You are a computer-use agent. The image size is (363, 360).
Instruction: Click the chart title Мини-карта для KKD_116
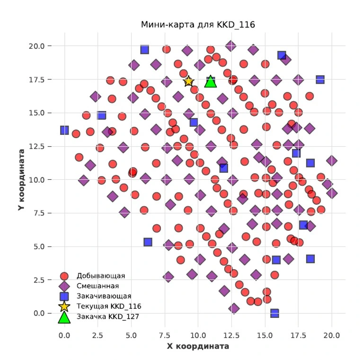coord(198,25)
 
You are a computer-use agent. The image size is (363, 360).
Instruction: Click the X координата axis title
coord(198,346)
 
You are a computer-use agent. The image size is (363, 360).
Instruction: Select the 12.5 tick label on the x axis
coord(231,335)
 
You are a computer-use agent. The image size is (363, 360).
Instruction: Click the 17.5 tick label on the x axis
coord(298,335)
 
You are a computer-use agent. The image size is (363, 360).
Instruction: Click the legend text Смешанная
coord(97,286)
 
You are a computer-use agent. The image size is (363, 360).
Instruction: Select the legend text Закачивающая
coord(104,296)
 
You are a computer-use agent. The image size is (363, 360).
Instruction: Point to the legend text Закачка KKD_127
coord(108,317)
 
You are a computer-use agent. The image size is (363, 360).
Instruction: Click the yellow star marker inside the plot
coord(188,81)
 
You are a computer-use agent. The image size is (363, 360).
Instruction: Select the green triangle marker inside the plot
coord(211,82)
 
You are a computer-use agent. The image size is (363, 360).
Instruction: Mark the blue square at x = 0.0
coord(64,130)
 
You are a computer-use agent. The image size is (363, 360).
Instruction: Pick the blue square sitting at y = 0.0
coord(274,313)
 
